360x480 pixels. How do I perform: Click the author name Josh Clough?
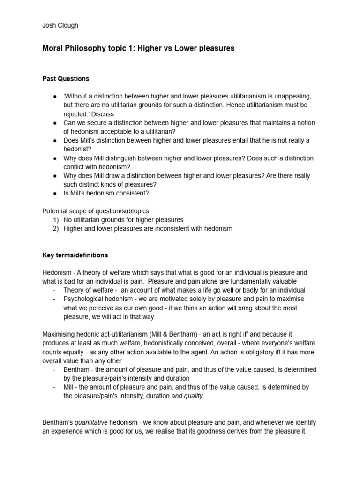click(60, 25)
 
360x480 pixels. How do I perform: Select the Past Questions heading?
click(66, 78)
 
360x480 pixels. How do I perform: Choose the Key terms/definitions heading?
click(75, 255)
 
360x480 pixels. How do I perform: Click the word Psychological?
click(84, 299)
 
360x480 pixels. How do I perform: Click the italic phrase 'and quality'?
click(187, 396)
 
